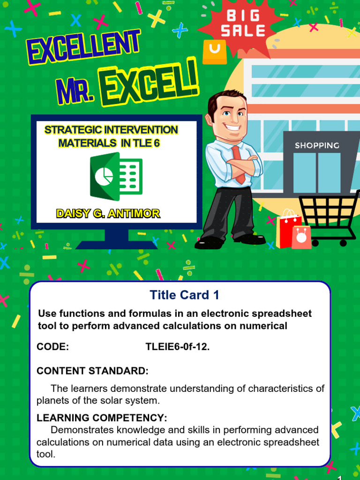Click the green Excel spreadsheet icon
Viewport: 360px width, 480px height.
[116, 176]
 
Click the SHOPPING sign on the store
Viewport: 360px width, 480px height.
[317, 146]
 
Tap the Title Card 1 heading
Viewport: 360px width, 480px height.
[184, 295]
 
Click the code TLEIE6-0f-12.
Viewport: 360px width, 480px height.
[178, 347]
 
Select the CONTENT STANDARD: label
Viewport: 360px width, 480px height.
[92, 371]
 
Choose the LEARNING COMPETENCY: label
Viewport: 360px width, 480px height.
[102, 418]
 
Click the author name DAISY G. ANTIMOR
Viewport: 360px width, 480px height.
[108, 214]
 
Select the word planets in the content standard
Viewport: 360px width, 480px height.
[52, 401]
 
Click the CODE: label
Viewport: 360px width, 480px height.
[52, 347]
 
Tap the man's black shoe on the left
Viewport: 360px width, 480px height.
[208, 243]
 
